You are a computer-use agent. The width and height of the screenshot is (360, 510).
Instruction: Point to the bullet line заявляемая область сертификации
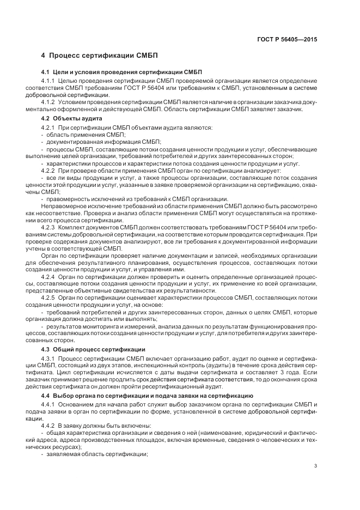point(97,454)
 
